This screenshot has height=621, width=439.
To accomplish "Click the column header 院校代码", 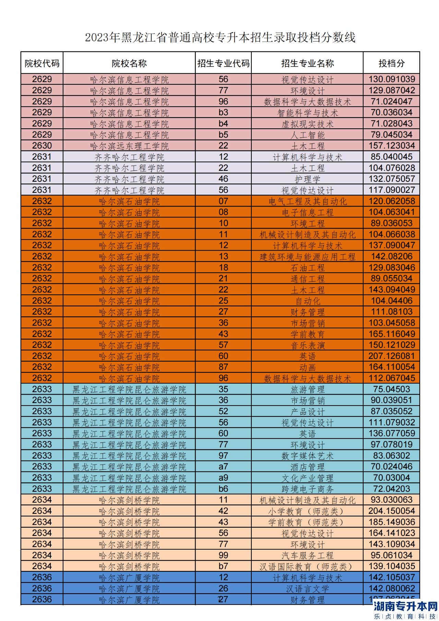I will [x=42, y=63].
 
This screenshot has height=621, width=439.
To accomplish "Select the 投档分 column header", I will [x=391, y=63].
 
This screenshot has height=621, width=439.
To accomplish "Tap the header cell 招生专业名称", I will [x=307, y=63].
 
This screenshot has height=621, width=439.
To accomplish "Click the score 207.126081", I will [x=391, y=356].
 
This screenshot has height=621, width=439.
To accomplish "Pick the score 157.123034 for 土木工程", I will [x=391, y=145].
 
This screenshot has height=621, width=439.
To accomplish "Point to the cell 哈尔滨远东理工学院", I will [x=129, y=146].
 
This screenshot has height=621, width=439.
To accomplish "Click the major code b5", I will [x=223, y=134].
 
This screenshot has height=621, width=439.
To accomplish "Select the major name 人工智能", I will [x=307, y=135].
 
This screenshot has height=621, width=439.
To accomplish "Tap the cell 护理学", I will [x=307, y=179].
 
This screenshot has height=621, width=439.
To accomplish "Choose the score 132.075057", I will [x=391, y=179].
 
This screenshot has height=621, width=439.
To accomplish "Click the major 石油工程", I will [x=307, y=268].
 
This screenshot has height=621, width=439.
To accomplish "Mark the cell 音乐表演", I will [x=307, y=345].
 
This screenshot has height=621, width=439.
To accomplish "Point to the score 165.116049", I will [x=391, y=334].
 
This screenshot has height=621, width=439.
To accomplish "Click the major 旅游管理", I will [x=307, y=389].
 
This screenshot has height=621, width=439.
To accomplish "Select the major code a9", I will [x=223, y=478].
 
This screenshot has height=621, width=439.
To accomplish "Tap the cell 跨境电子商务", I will [x=307, y=489].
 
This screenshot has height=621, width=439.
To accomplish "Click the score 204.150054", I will [x=391, y=511].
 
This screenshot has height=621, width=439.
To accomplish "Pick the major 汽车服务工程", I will [x=307, y=555].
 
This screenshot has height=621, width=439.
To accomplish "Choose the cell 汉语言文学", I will [x=307, y=589].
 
